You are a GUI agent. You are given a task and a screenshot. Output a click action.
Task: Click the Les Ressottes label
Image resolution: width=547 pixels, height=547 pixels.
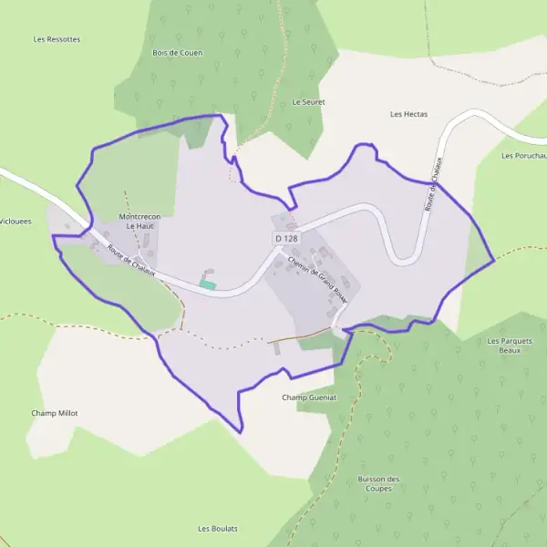(x=57, y=39)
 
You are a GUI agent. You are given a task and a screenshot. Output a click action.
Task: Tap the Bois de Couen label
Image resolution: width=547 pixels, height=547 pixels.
(x=177, y=53)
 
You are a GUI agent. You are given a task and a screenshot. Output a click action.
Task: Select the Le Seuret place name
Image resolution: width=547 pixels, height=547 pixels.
(x=308, y=102)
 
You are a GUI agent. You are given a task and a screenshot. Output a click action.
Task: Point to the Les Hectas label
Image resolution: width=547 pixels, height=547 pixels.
(x=408, y=114)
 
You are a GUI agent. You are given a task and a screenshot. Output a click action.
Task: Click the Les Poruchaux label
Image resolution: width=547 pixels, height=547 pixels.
(x=523, y=155)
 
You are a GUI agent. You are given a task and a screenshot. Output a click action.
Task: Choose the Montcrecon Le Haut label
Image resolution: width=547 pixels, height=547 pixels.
(x=139, y=221)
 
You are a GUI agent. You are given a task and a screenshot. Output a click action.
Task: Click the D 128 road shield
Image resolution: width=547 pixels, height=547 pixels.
(x=285, y=238)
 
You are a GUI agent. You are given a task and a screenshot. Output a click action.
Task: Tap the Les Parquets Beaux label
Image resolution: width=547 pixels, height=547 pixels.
(x=508, y=345)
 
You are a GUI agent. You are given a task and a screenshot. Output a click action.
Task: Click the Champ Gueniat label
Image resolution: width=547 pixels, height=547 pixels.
(x=309, y=397)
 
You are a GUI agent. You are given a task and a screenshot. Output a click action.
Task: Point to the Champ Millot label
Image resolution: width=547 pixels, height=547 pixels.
(x=55, y=413)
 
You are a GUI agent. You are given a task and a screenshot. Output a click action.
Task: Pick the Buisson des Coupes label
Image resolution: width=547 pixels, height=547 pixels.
(x=379, y=483)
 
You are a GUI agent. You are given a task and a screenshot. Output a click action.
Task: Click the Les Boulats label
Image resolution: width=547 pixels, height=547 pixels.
(x=218, y=529)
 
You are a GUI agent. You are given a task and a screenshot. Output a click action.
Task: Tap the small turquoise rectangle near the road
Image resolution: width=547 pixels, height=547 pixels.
(x=208, y=285)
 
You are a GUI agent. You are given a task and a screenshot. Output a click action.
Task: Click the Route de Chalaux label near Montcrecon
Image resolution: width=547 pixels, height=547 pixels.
(x=131, y=261)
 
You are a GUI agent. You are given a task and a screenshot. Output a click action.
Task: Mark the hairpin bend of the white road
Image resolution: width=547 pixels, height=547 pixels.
(x=405, y=259)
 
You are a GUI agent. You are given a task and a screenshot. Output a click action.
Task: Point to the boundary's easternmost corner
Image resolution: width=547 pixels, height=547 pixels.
(x=493, y=260)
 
